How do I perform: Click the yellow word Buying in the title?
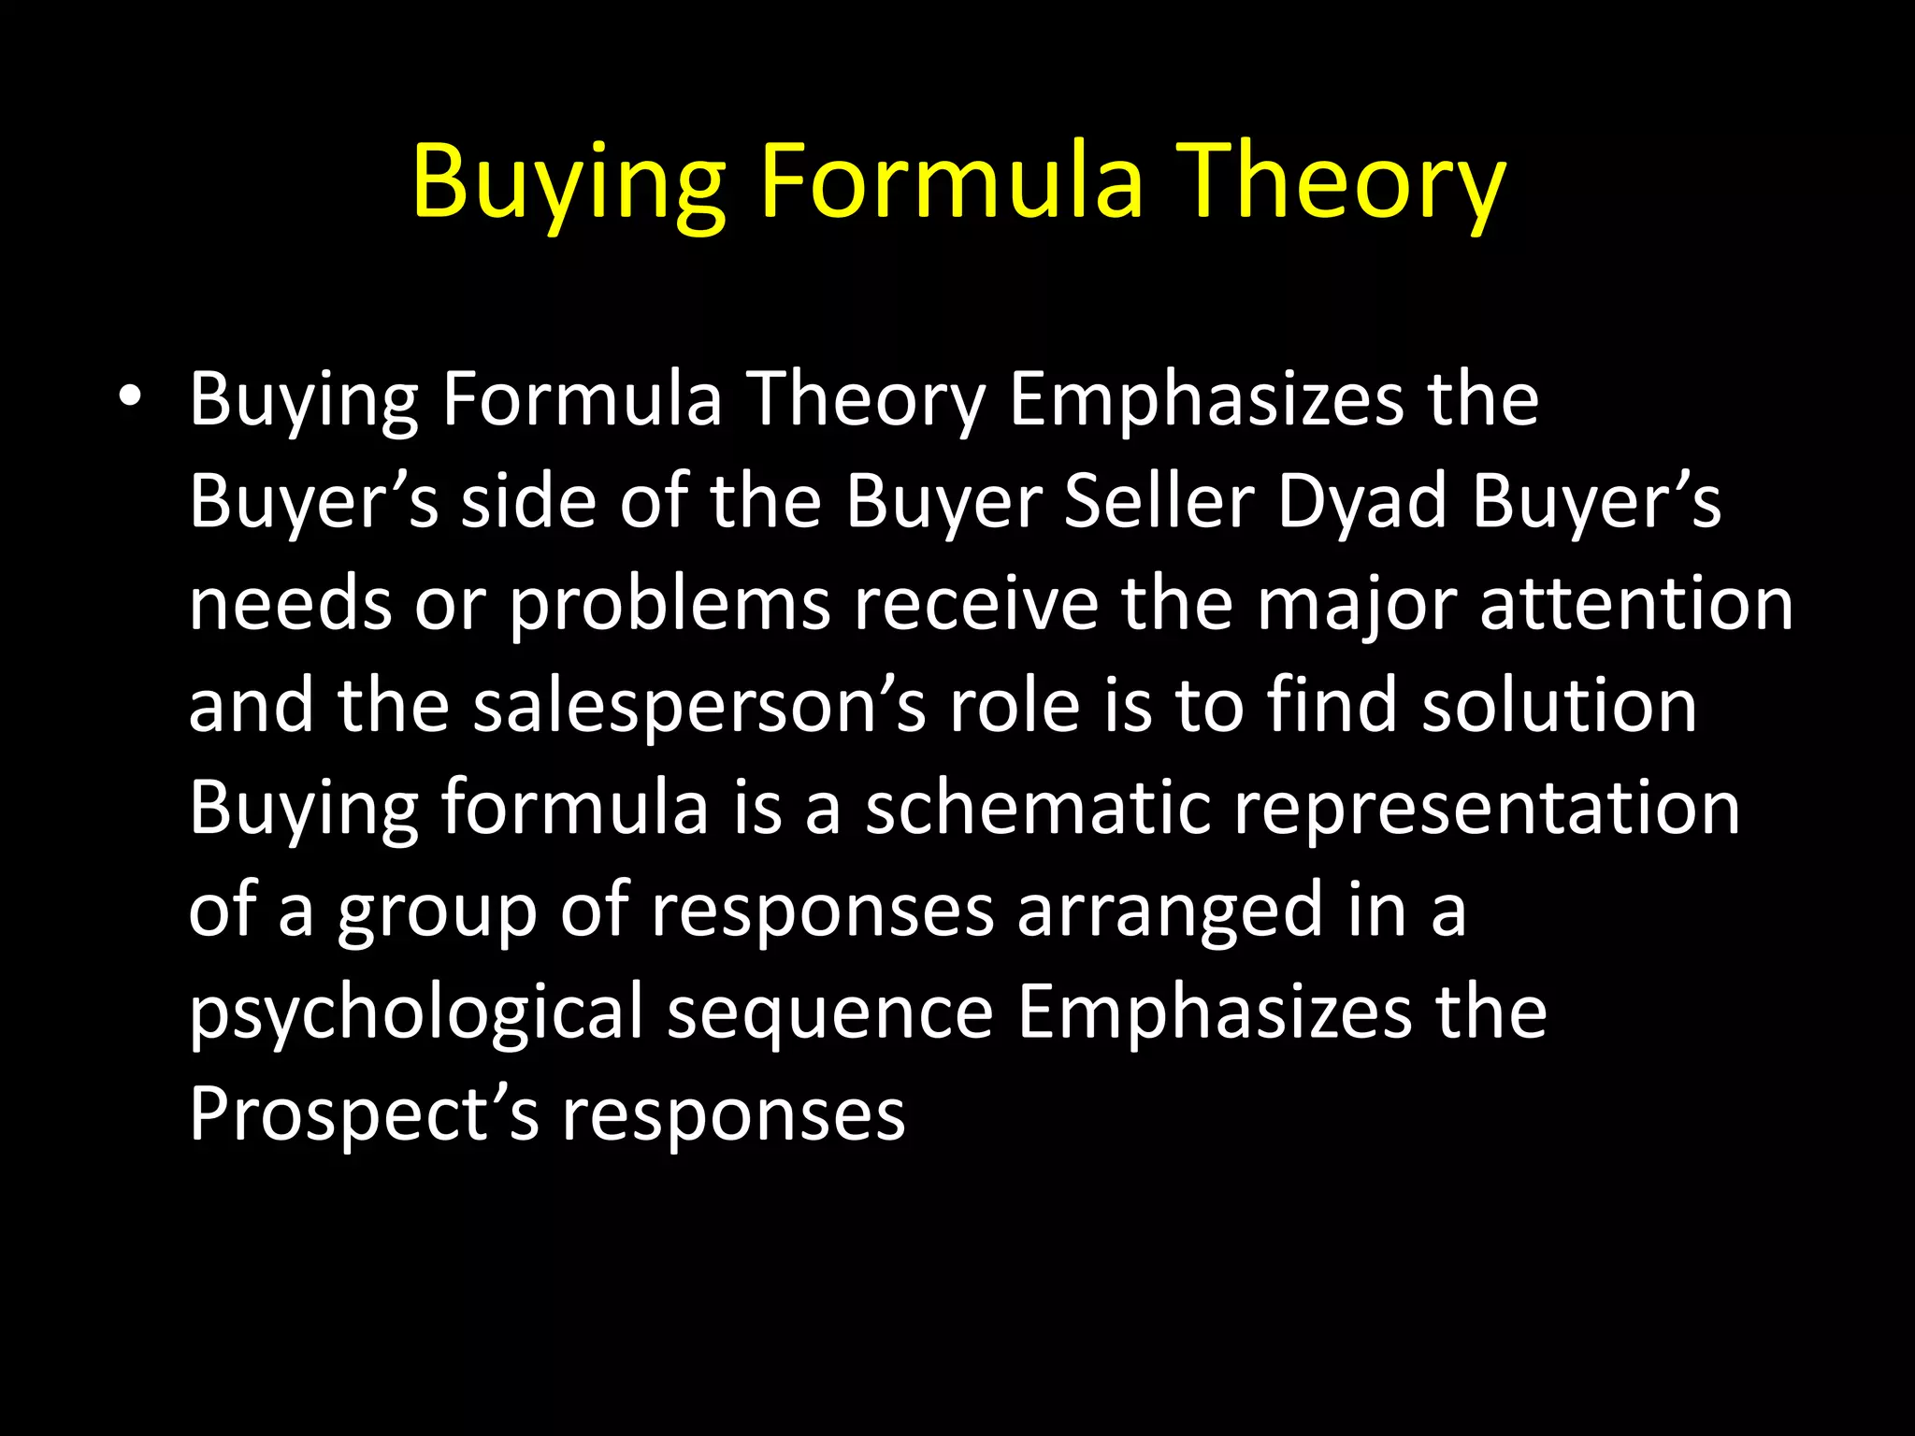(x=569, y=182)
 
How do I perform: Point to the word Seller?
(x=1159, y=501)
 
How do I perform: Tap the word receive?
(x=975, y=604)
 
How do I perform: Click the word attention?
(x=1636, y=604)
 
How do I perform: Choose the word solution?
(x=1559, y=706)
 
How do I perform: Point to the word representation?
(x=1487, y=810)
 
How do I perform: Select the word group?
(x=437, y=912)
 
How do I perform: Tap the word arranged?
(x=1170, y=912)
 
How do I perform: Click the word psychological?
(x=416, y=1013)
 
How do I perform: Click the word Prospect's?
(x=364, y=1115)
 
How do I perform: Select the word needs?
(x=290, y=606)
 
